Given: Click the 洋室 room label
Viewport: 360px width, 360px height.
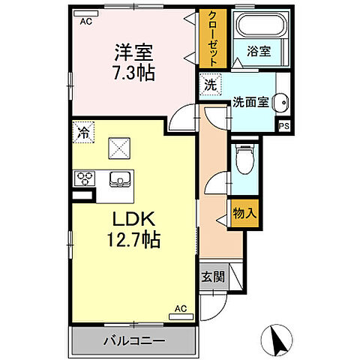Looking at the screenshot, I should pyautogui.click(x=133, y=52).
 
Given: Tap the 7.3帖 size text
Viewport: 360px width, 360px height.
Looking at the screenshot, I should pyautogui.click(x=133, y=73).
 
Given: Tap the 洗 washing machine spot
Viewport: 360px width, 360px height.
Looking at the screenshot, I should pyautogui.click(x=210, y=85).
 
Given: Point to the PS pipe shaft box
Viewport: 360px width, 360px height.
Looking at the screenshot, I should pyautogui.click(x=284, y=127).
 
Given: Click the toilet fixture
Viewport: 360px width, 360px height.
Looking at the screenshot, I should pyautogui.click(x=243, y=158).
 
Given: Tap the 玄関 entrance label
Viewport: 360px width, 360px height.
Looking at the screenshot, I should pyautogui.click(x=212, y=276).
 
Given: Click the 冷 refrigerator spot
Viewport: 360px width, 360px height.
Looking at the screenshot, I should pyautogui.click(x=82, y=134).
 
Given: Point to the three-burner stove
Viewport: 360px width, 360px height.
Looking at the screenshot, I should pyautogui.click(x=83, y=178).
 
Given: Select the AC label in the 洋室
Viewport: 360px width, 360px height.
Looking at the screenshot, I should pyautogui.click(x=86, y=22).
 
